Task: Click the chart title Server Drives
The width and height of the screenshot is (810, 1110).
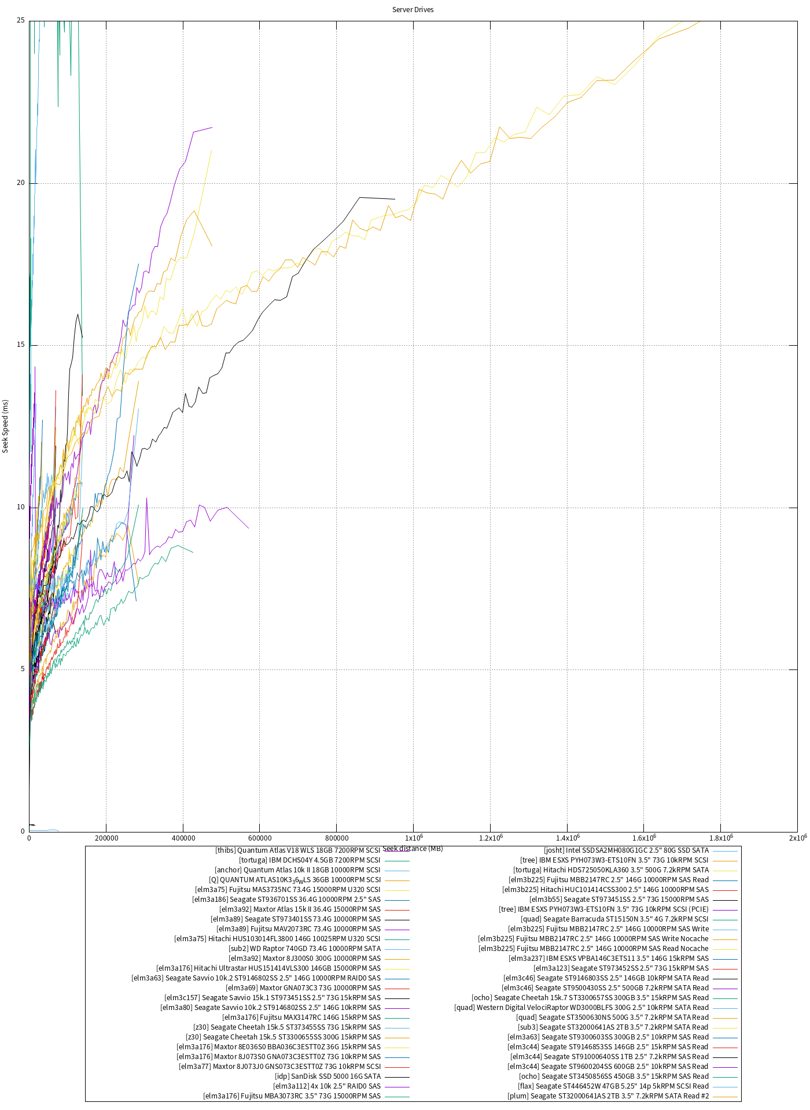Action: (x=413, y=10)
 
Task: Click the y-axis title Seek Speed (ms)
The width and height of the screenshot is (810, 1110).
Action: (x=6, y=426)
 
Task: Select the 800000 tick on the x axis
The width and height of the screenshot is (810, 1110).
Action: (x=337, y=838)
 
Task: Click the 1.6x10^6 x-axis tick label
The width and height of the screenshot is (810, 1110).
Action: (x=644, y=838)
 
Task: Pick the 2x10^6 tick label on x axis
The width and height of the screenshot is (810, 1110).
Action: (x=797, y=838)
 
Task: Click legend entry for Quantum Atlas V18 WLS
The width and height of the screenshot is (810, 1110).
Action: (x=298, y=850)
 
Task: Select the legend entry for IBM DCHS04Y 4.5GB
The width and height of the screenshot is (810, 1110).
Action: (x=310, y=860)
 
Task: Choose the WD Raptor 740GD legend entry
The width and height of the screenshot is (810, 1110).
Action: (x=305, y=949)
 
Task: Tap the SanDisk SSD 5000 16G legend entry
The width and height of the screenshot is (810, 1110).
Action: (x=328, y=1076)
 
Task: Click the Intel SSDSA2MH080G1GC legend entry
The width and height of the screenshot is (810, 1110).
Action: (x=627, y=850)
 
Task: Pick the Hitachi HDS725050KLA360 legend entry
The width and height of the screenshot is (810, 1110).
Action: (x=611, y=870)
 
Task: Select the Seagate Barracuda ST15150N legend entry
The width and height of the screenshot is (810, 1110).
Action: (x=614, y=919)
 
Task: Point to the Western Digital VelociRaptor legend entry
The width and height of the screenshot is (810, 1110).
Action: (x=581, y=1008)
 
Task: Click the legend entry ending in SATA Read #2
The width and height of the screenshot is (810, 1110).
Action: (x=608, y=1096)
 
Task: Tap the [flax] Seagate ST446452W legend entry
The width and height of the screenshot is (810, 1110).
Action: (x=613, y=1086)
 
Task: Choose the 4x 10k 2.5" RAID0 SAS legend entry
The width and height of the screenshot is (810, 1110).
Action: (x=327, y=1086)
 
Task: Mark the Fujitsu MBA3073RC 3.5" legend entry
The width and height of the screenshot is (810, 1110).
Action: (x=292, y=1096)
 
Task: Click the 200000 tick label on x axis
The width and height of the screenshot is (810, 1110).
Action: (x=106, y=838)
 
